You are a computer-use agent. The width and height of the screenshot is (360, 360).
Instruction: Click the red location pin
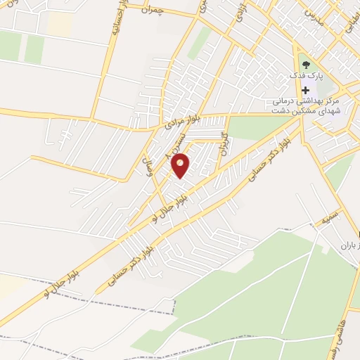(x=181, y=165)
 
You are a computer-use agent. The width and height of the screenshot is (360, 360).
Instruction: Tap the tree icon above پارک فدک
(x=305, y=65)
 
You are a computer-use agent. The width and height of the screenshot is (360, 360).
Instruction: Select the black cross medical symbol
(x=305, y=90)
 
